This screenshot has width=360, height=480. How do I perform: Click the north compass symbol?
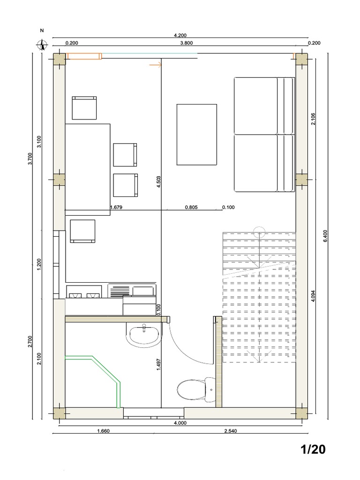click(x=43, y=45)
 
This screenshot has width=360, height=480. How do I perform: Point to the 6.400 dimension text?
click(x=325, y=236)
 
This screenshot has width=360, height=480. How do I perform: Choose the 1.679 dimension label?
click(x=116, y=207)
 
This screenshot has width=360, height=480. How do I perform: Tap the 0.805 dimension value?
click(x=191, y=207)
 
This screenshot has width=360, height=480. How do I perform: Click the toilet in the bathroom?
click(x=193, y=390)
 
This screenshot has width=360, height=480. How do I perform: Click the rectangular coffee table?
click(x=196, y=135)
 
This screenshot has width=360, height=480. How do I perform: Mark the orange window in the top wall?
click(x=84, y=56)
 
